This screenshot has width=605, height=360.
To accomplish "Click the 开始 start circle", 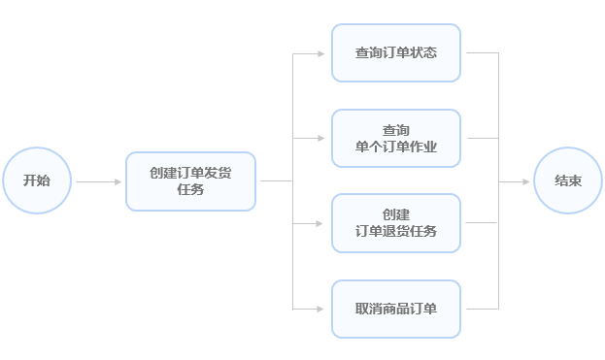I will (37, 180).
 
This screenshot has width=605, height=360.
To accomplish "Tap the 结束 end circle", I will (568, 180).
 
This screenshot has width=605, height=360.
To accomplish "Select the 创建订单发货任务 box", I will (190, 181).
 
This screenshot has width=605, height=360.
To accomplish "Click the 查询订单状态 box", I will (395, 52).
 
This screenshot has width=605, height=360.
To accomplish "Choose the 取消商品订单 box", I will (395, 310).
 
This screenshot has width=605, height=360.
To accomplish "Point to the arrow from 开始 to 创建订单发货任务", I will (98, 181).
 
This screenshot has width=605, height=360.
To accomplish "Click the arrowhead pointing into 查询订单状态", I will (321, 53).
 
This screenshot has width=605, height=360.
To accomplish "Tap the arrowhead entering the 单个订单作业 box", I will (321, 139).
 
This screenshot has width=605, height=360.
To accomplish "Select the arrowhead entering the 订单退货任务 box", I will (321, 223).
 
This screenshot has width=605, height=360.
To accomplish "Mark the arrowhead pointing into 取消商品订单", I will (321, 310).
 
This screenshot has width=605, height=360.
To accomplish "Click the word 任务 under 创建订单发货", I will (190, 190).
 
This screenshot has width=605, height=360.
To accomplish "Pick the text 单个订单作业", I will (395, 147).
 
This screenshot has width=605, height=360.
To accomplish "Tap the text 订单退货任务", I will (395, 232).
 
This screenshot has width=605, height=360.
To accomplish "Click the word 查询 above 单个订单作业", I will (395, 130).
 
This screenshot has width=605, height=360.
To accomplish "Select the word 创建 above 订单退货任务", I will (395, 214).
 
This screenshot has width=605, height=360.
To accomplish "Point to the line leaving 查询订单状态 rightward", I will (480, 53).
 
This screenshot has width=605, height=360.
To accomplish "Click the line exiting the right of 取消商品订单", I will (480, 310).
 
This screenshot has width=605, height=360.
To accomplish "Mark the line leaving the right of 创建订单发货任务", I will (275, 181).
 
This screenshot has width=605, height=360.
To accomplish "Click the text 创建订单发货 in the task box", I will (190, 173).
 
